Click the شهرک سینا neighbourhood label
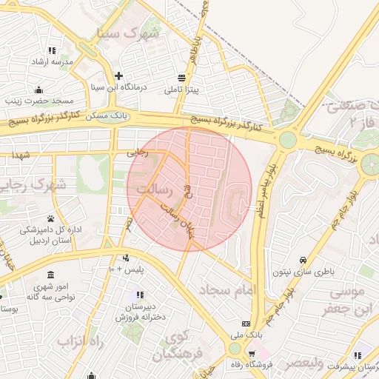129,33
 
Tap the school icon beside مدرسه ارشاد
52,50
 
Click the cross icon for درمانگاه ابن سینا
118,76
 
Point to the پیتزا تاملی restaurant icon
182,78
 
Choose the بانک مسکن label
108,116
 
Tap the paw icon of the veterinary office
50,218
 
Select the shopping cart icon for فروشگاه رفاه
254,353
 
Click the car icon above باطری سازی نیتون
303,261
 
